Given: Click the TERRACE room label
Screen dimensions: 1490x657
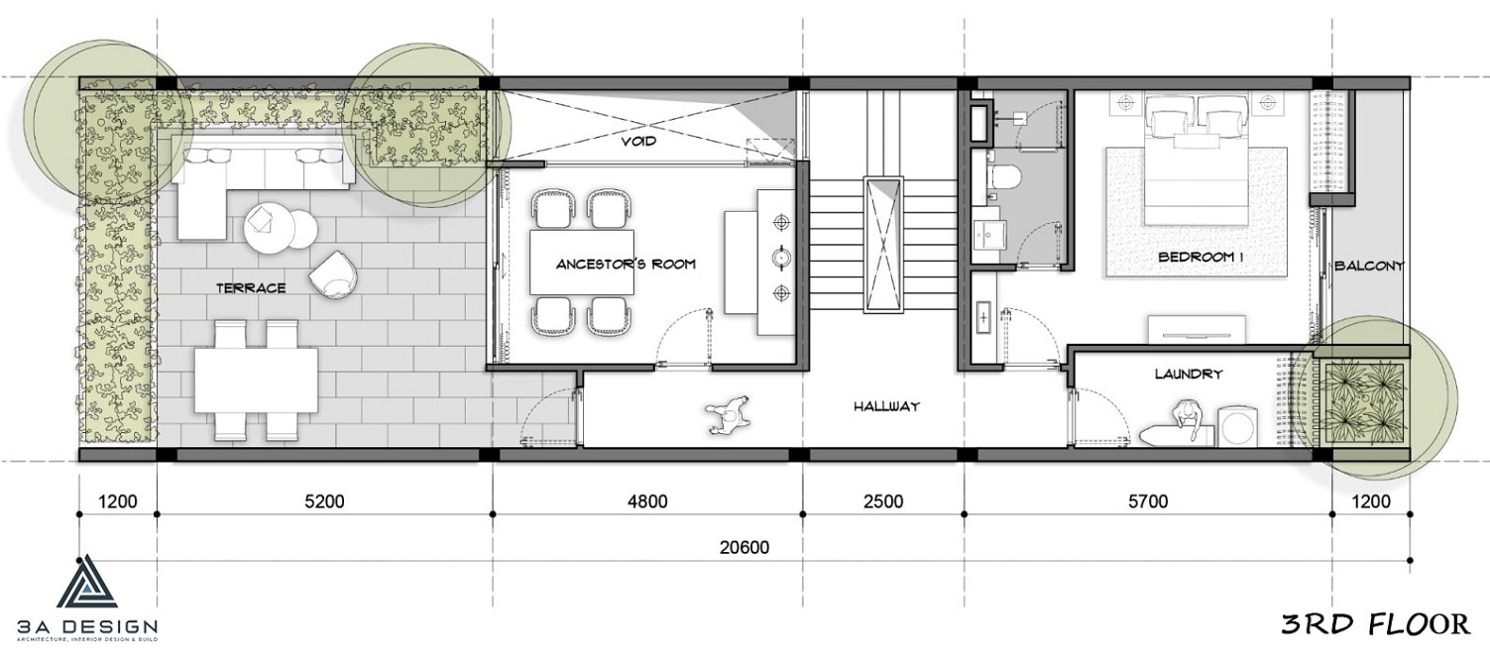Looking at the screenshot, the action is (251, 288).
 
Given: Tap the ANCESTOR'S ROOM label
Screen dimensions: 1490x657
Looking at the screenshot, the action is (626, 264).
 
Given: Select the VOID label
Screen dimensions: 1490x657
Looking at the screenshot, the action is (638, 141).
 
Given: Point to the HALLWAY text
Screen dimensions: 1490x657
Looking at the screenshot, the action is (886, 405).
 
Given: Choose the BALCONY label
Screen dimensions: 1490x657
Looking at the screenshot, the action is (1369, 266).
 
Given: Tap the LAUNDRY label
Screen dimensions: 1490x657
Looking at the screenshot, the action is (1189, 374).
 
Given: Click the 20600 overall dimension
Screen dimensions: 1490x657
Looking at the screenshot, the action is (745, 547).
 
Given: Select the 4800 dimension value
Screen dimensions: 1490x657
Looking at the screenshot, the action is (647, 500).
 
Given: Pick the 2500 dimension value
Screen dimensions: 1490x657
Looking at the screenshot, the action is (883, 500).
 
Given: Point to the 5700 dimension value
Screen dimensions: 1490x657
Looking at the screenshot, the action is (1148, 500).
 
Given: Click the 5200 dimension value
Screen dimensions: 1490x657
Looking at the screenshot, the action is (324, 500).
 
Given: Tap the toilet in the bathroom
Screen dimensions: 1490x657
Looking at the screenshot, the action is (1003, 176).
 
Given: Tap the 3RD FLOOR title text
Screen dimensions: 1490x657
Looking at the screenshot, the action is (1376, 623).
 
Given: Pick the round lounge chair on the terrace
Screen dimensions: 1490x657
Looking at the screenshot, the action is (334, 274).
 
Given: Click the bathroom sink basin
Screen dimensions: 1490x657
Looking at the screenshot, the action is (987, 234).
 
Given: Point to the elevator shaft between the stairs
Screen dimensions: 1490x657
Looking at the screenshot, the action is (883, 244).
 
